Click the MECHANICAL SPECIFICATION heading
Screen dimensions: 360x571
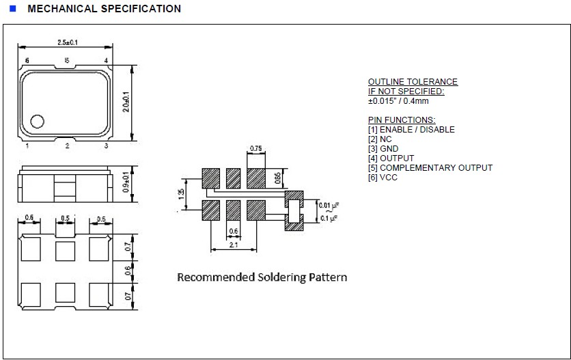click(105, 9)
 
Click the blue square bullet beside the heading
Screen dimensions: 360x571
click(12, 8)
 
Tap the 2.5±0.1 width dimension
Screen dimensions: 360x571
click(67, 42)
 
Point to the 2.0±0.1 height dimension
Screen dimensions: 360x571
click(126, 103)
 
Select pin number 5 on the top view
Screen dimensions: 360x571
click(67, 61)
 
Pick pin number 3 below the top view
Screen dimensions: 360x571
click(106, 146)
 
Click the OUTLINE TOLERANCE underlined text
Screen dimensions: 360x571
click(413, 82)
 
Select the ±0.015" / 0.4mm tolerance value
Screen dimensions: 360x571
click(398, 101)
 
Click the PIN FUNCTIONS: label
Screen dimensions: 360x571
click(402, 120)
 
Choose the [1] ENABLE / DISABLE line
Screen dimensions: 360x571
click(411, 130)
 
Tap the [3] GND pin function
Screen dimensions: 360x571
click(383, 149)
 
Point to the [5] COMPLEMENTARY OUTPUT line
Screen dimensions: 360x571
click(430, 168)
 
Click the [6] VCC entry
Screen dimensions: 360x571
click(382, 178)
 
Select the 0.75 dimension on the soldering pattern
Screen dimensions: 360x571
click(256, 148)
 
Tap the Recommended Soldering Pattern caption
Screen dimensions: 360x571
click(262, 277)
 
